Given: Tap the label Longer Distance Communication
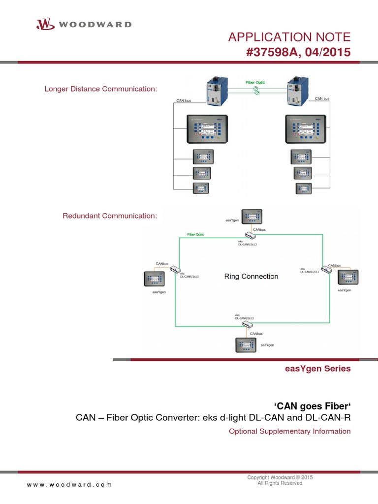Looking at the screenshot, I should click(100, 89).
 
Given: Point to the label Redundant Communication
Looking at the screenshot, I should click(109, 216).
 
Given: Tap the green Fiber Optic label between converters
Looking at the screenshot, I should click(256, 82).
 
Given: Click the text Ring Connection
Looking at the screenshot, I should click(251, 277).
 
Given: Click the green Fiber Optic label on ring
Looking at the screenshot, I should click(195, 235).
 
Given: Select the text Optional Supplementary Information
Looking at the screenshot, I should click(289, 431).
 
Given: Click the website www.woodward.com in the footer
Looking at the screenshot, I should click(69, 484).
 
